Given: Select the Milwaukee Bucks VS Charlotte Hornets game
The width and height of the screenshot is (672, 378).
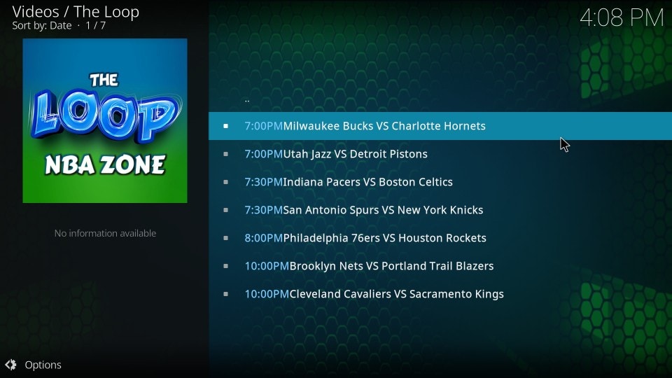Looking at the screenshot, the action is (384, 126).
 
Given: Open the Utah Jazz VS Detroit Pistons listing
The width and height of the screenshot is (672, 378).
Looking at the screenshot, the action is (356, 154).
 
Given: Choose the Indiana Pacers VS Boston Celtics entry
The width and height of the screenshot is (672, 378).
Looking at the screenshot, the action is (367, 182).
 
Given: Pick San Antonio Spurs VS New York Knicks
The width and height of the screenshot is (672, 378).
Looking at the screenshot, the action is (383, 210).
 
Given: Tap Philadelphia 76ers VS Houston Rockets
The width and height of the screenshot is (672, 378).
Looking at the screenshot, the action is (384, 238).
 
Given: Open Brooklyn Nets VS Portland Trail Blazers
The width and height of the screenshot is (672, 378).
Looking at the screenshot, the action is (391, 266).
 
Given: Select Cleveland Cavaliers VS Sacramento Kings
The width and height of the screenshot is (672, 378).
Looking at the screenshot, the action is (396, 294).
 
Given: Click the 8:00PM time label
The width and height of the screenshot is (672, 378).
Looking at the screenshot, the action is (264, 238).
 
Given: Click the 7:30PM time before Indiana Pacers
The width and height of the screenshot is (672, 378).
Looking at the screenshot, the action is (264, 182).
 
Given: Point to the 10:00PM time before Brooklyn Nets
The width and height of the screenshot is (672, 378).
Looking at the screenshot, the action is (267, 266).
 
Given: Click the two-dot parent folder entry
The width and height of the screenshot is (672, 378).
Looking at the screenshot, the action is (247, 101).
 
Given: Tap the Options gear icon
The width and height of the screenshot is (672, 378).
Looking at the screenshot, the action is (10, 365).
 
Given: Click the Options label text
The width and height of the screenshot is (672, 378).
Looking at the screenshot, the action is (43, 365).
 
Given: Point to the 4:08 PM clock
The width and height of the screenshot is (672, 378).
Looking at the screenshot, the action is (622, 18).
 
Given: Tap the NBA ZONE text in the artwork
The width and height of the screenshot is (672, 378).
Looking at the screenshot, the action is (105, 165).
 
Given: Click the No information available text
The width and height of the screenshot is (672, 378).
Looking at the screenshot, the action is (105, 233).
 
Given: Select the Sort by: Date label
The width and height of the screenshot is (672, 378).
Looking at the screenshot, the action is (41, 26).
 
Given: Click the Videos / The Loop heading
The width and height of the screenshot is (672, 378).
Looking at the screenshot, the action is (76, 12).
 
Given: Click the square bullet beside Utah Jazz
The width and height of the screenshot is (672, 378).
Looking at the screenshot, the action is (226, 154).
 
